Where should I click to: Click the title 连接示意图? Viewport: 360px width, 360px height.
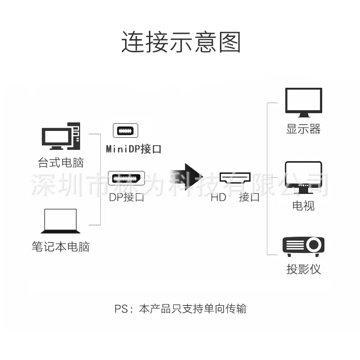click(x=181, y=42)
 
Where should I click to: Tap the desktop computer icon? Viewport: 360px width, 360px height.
click(x=61, y=136)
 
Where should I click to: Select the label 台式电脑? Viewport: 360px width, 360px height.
click(x=61, y=162)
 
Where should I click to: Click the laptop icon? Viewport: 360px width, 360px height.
click(x=61, y=221)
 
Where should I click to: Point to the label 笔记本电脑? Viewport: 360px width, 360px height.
click(x=61, y=247)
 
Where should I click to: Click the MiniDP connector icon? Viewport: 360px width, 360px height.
click(x=126, y=130)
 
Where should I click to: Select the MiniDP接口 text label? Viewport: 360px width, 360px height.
click(x=133, y=149)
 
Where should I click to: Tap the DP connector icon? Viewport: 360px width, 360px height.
click(x=126, y=178)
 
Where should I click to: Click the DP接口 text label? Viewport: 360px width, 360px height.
click(x=126, y=197)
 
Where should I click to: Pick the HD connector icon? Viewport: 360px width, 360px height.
click(x=235, y=178)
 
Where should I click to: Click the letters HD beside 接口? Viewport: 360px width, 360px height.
click(x=218, y=198)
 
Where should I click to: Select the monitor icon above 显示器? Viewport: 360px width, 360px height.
click(x=303, y=103)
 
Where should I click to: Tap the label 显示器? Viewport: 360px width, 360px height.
click(x=303, y=129)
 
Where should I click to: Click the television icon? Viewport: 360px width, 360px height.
click(x=303, y=177)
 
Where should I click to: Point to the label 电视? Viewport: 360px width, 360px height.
click(x=303, y=206)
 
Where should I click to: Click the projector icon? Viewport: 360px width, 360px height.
click(x=303, y=247)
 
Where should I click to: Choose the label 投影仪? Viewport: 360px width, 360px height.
click(x=303, y=269)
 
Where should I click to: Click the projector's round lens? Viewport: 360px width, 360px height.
click(x=314, y=245)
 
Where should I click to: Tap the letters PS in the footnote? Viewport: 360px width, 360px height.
click(x=121, y=309)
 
